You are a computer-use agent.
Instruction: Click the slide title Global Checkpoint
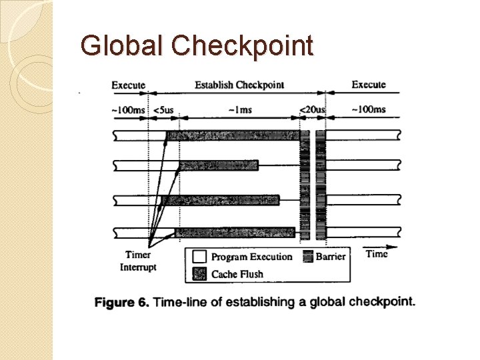pyautogui.click(x=197, y=45)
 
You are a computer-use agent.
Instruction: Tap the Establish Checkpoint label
pyautogui.click(x=239, y=85)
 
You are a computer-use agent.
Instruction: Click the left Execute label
pyautogui.click(x=129, y=85)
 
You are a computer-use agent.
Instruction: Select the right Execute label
pyautogui.click(x=369, y=85)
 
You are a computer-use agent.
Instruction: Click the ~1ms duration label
pyautogui.click(x=239, y=109)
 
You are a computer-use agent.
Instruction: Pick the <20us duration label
pyautogui.click(x=312, y=109)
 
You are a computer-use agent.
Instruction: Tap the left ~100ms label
pyautogui.click(x=129, y=109)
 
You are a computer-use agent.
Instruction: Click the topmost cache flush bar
pyautogui.click(x=233, y=136)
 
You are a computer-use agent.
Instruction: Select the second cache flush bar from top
pyautogui.click(x=218, y=165)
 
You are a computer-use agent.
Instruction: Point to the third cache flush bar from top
pyautogui.click(x=221, y=200)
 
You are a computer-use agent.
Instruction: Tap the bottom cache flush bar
pyautogui.click(x=235, y=232)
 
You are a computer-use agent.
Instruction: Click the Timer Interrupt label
pyautogui.click(x=138, y=261)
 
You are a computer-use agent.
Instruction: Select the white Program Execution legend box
pyautogui.click(x=199, y=257)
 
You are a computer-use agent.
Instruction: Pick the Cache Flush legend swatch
pyautogui.click(x=199, y=273)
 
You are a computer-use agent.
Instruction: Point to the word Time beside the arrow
pyautogui.click(x=377, y=254)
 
